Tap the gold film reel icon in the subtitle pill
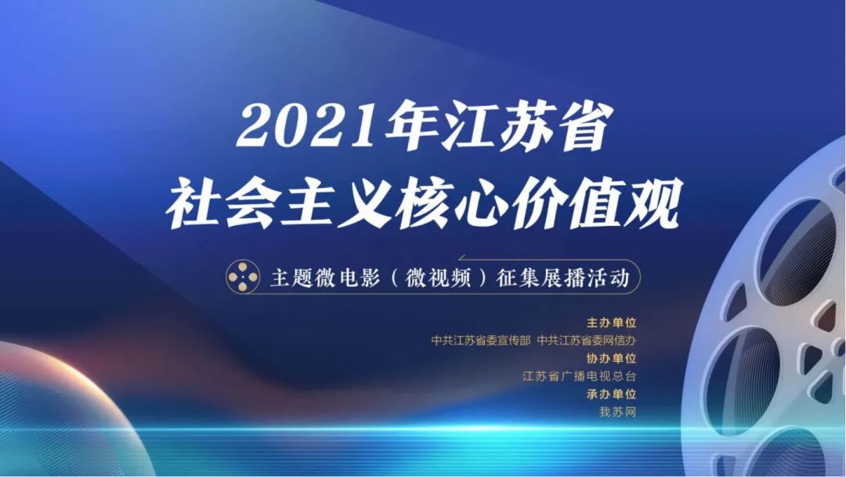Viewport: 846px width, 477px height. click(x=243, y=277)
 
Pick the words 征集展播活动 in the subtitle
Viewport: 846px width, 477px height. click(x=563, y=279)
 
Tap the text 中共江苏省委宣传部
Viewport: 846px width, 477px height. click(x=481, y=340)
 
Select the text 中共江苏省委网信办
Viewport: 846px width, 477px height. click(x=587, y=340)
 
